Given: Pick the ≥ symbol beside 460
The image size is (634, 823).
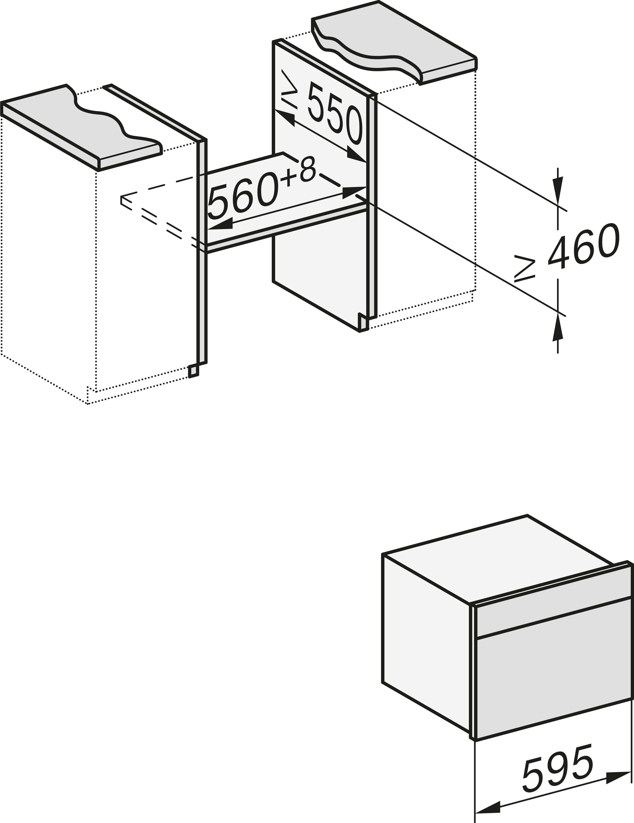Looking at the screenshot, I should click(525, 268).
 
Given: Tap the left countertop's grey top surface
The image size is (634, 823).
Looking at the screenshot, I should click(75, 124).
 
